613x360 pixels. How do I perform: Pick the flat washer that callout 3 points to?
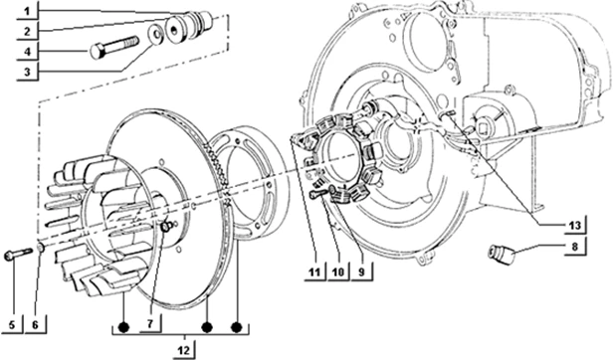pos(157,37)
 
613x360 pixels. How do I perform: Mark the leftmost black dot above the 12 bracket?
pos(122,327)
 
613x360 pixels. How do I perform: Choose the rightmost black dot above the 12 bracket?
pos(237,327)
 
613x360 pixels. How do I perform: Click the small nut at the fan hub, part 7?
pos(164,230)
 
